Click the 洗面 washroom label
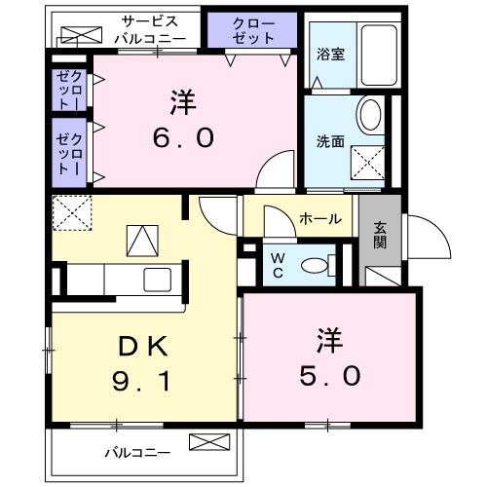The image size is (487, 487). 330,140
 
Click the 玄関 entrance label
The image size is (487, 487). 381,235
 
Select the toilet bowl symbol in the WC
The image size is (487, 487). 315,265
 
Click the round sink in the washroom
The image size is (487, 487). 370,115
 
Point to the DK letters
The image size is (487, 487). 146,345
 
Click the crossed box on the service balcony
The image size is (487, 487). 79,37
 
